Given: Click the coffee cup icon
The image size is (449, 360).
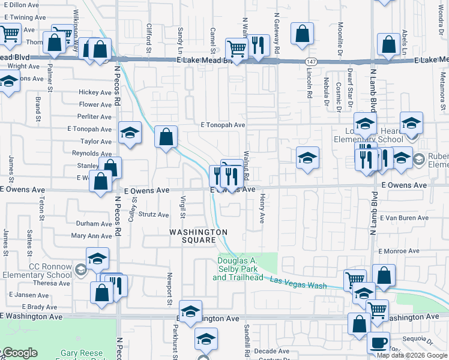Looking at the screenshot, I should [378, 343].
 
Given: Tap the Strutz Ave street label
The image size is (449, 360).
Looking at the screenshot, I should [154, 214].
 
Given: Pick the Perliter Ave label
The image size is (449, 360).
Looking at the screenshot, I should [95, 117].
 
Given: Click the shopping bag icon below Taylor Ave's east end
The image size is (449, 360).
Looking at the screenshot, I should [166, 137].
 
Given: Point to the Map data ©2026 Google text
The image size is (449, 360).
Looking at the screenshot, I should [412, 355].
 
